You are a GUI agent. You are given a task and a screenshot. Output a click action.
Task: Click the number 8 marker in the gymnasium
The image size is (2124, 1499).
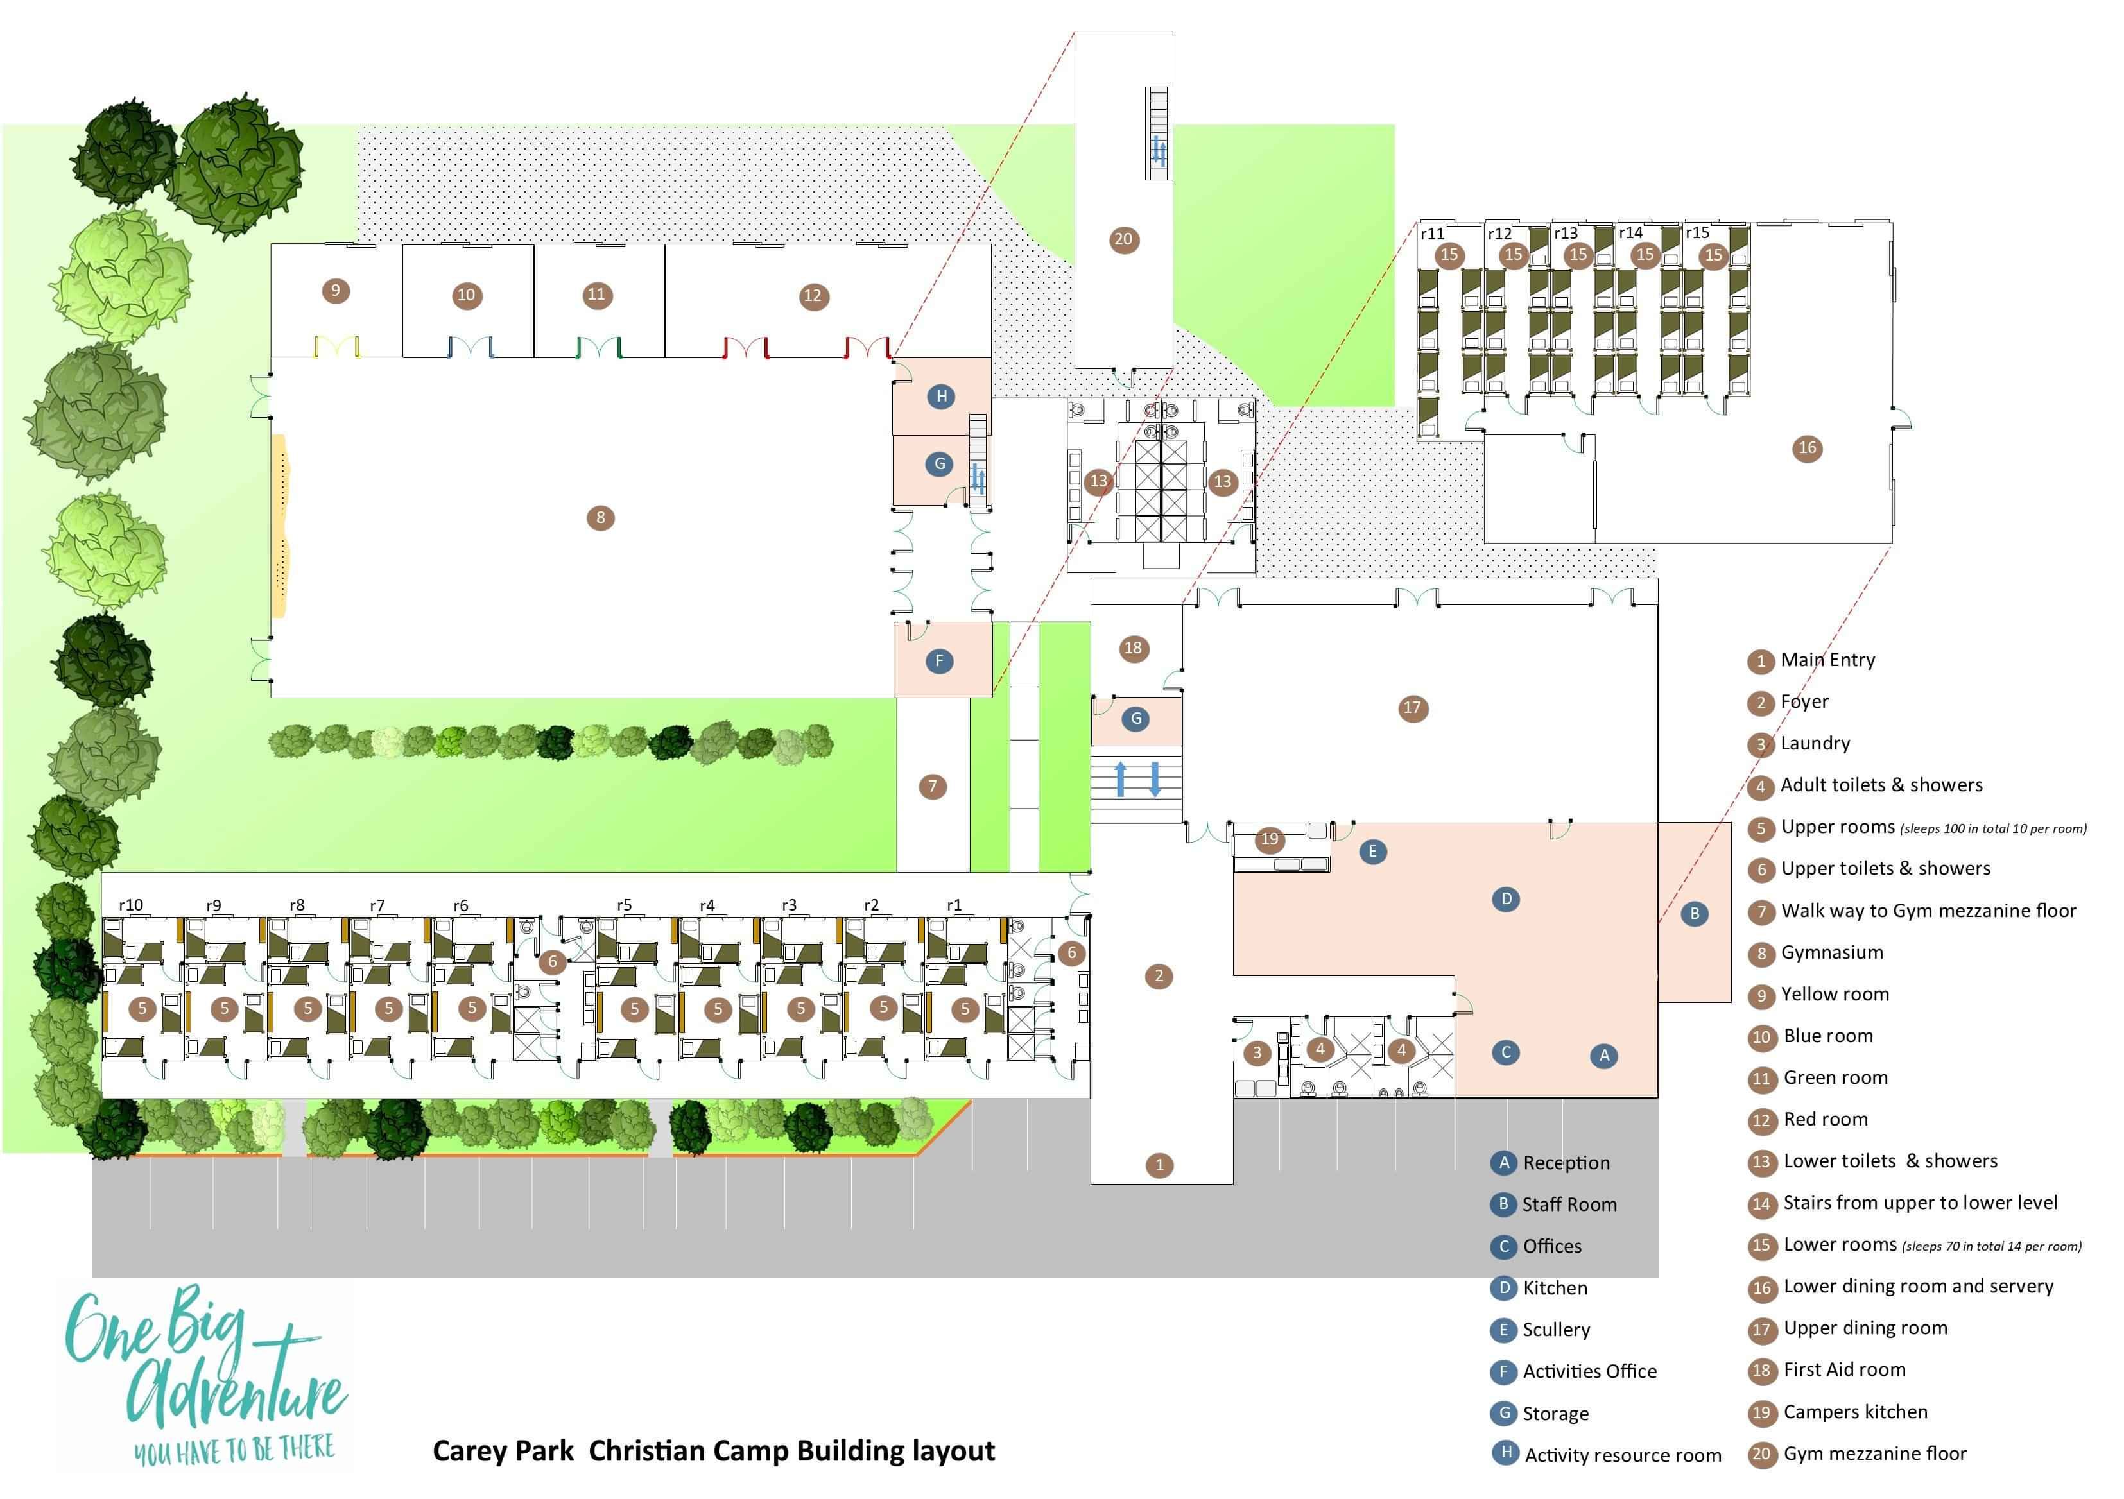click(x=600, y=518)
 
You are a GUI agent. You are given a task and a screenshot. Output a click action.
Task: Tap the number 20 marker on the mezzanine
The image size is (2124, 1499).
click(x=1123, y=239)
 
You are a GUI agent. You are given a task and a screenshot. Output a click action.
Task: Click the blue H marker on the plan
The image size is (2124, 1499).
click(x=941, y=397)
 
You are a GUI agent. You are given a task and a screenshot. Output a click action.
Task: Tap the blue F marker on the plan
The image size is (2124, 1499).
click(x=939, y=660)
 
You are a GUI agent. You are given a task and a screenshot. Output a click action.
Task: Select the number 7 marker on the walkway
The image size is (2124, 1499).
click(x=933, y=787)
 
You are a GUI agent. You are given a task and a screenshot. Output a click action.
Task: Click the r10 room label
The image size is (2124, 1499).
click(x=130, y=905)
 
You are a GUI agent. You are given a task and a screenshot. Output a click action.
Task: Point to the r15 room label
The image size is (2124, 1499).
click(x=1698, y=233)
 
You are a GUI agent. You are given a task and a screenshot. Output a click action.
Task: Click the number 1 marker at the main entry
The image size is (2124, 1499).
click(x=1159, y=1165)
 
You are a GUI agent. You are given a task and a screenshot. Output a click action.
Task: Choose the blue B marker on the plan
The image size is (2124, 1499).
click(x=1695, y=914)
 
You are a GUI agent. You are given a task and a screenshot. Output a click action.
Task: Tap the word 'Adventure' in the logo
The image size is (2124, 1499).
click(x=236, y=1390)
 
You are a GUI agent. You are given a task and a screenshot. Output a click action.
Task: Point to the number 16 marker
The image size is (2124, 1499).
click(x=1807, y=449)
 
